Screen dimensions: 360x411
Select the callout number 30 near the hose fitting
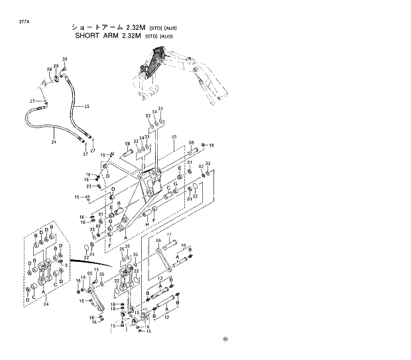tap(65, 60)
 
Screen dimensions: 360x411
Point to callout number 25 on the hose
tap(87, 106)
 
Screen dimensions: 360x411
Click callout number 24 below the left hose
tap(54, 141)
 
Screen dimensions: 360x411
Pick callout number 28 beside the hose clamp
tap(49, 70)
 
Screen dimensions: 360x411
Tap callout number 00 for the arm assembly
tap(174, 138)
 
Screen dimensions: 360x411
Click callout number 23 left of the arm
tap(88, 186)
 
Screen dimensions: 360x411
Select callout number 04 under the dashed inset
tap(46, 304)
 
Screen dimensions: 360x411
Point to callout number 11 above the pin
tap(169, 235)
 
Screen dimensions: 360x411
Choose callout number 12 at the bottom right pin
tap(167, 317)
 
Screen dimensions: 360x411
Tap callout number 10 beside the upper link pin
tap(184, 245)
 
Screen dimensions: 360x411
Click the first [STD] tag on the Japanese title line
tap(151, 28)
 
